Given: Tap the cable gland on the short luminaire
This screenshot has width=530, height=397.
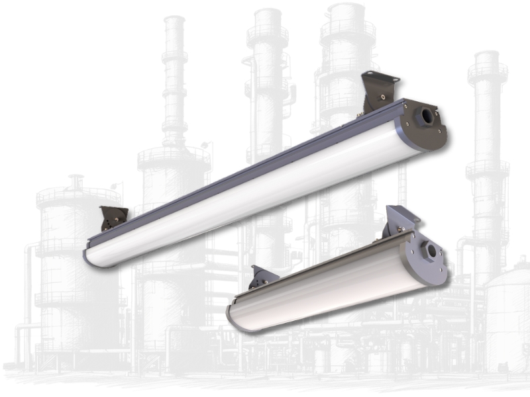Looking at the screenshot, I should [433, 250].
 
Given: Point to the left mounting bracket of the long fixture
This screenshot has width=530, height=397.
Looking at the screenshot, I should [114, 218].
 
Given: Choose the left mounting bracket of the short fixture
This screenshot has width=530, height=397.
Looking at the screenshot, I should [263, 278].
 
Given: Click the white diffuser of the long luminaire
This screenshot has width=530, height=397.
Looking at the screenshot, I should [252, 198].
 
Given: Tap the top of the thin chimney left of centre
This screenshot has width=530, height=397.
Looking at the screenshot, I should [174, 23].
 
